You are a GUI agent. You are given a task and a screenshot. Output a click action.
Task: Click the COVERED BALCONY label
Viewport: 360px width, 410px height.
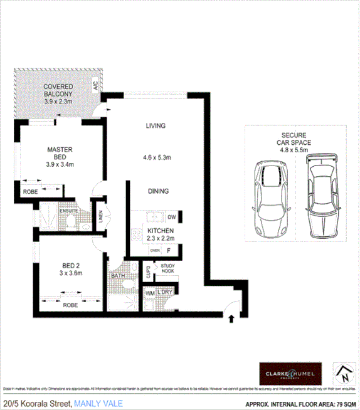[58, 90]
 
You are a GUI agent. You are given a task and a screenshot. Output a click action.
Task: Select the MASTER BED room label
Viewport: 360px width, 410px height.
[60, 154]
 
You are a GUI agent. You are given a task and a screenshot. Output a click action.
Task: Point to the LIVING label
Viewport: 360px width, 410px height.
[155, 126]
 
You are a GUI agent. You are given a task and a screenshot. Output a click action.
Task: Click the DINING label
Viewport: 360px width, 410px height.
[157, 191]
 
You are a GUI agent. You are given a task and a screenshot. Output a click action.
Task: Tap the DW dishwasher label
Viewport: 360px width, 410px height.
[171, 218]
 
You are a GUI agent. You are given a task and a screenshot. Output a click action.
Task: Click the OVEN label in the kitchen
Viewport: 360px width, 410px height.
[154, 251]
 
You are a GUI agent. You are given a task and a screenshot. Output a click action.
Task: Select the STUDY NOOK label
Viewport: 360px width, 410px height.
[167, 268]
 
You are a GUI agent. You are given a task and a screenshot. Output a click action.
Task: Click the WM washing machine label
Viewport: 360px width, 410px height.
[149, 293]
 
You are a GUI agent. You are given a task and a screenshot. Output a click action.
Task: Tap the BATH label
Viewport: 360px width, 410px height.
[117, 276]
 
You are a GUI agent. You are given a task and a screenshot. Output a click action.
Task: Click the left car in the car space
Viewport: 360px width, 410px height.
[270, 194]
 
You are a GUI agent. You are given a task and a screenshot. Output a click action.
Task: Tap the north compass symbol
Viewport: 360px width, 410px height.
[342, 374]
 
